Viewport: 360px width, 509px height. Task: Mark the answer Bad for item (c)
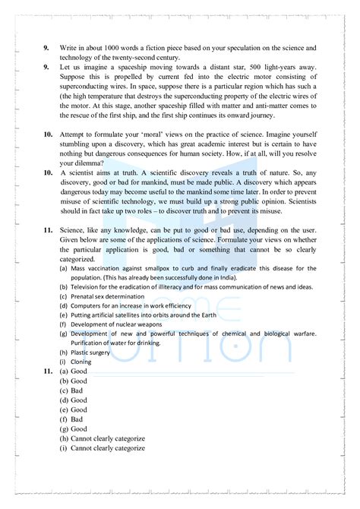tap(77, 390)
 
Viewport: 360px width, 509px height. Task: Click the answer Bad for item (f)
tap(77, 419)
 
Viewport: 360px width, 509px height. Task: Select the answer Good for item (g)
tap(79, 428)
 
